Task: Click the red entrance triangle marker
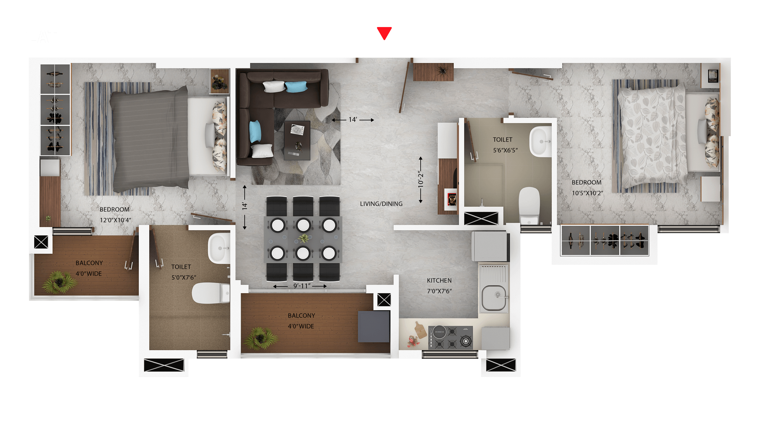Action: coord(384,32)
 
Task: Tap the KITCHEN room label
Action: coord(439,280)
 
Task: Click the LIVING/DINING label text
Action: coord(381,204)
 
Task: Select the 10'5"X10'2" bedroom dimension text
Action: coord(587,193)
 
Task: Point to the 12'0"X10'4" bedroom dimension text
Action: coord(115,220)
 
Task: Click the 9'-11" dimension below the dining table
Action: coord(302,286)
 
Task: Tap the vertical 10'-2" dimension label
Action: coord(420,179)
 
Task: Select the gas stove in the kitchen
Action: coord(450,337)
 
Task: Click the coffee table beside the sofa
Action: coord(297,140)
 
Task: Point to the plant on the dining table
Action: coord(304,238)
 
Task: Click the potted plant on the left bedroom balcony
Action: coord(59,282)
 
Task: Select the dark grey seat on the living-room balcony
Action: coord(374,327)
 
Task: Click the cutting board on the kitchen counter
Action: coord(419,330)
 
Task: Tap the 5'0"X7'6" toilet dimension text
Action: coord(184,277)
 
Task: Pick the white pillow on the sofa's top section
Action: coord(273,86)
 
